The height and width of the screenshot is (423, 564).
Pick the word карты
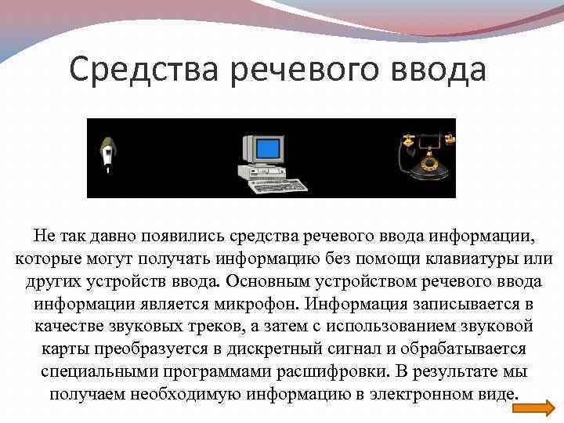click(60, 348)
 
